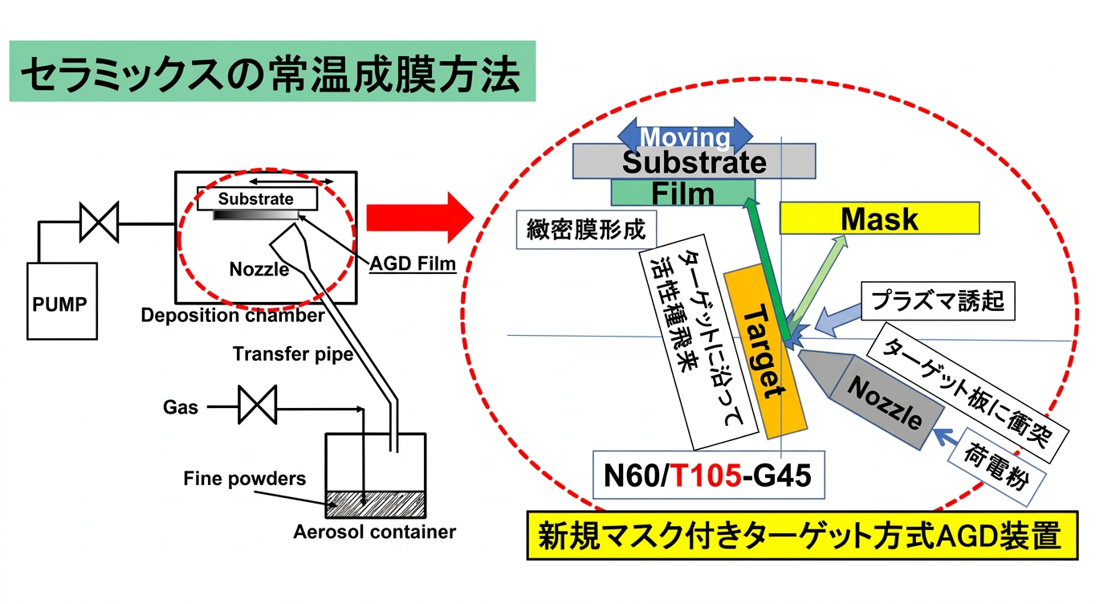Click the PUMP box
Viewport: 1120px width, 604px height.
tap(63, 301)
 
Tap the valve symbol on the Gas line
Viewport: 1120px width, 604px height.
tap(257, 405)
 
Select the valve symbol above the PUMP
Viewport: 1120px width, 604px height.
tap(99, 222)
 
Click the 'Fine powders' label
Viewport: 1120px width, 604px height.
tap(244, 479)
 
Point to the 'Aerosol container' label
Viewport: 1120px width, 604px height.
tap(374, 532)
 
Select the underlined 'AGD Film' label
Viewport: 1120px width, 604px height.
tap(413, 263)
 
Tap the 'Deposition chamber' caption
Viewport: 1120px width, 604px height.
tap(233, 316)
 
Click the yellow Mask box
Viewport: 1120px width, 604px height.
tap(879, 218)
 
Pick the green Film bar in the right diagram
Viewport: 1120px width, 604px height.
tap(682, 193)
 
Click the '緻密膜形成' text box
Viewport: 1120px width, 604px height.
tap(586, 231)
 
